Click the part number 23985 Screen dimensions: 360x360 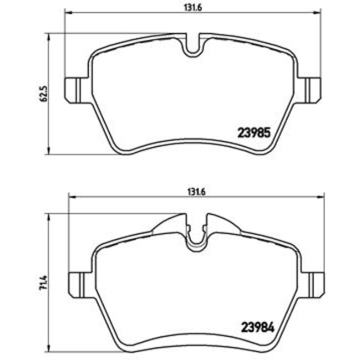point(254,133)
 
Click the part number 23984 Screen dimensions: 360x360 point(256,327)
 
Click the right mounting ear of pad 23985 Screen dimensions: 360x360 point(312,90)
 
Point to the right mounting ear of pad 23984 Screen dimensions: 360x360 point(315,284)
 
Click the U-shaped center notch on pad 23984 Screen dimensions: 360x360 point(195,235)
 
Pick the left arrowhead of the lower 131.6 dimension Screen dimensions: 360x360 point(70,197)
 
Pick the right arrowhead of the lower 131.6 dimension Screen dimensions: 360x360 point(321,197)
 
